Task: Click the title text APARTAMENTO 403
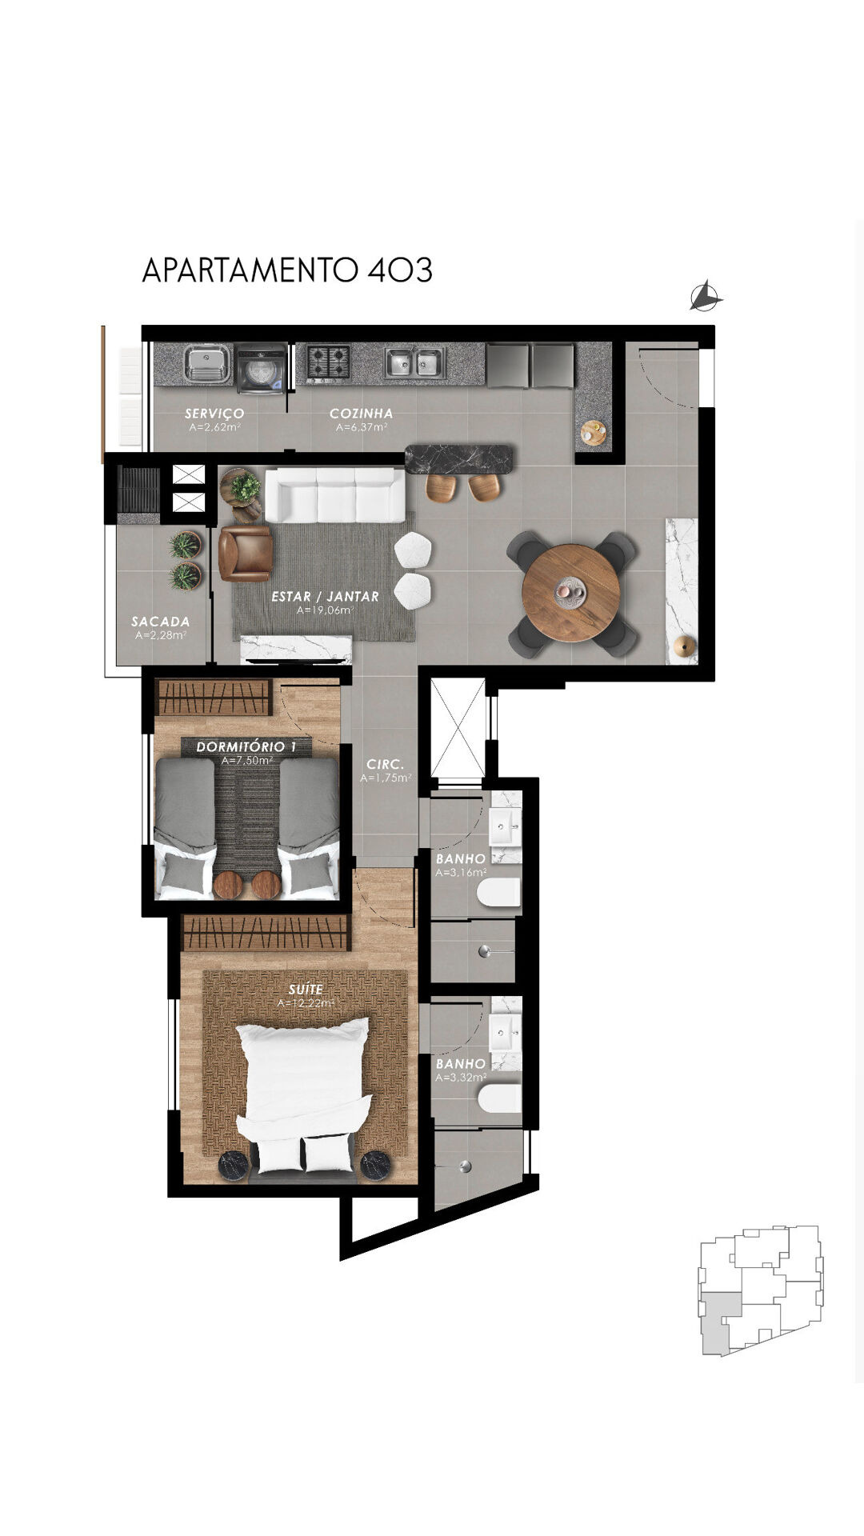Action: [287, 270]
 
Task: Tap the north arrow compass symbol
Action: [706, 297]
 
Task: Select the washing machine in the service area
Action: [261, 368]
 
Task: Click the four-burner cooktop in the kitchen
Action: [329, 362]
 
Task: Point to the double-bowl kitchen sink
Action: [414, 362]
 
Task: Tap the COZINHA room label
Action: [362, 414]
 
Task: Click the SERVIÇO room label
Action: [214, 414]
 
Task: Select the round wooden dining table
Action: [570, 593]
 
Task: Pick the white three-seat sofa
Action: [334, 496]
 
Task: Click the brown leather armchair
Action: [245, 553]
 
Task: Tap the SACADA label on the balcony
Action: [161, 622]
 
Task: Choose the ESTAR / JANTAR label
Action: [325, 597]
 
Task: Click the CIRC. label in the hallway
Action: [386, 765]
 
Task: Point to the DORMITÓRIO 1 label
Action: [246, 747]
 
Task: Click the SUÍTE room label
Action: [306, 990]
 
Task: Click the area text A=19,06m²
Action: [325, 610]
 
